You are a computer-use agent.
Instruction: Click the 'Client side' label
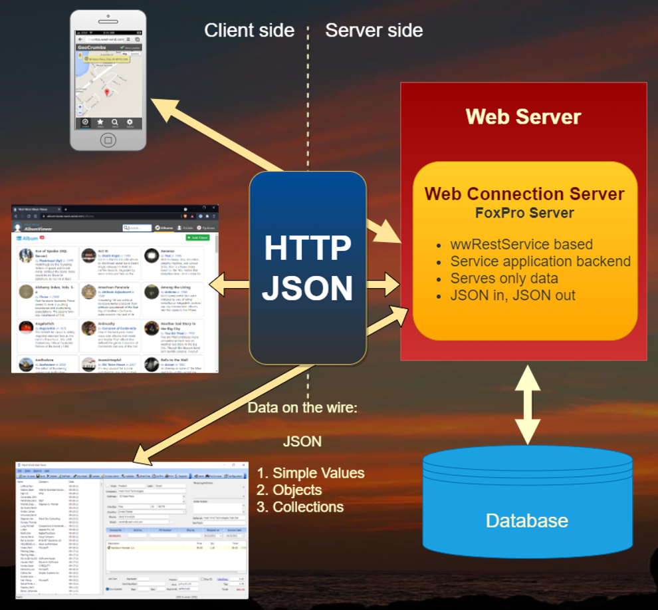pos(249,30)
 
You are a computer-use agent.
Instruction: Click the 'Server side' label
pos(374,30)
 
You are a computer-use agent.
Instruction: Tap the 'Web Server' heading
pos(523,116)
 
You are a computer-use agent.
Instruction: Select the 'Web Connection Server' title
pos(524,194)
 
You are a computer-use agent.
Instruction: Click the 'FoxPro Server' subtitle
pos(524,213)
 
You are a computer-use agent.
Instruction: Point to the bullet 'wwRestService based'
pos(512,244)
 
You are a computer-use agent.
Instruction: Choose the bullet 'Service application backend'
pos(540,261)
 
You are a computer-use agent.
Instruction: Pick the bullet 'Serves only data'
pos(504,278)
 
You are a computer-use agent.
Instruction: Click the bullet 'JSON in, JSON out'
pos(512,295)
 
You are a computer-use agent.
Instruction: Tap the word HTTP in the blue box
pos(308,248)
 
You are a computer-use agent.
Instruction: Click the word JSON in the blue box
pos(308,288)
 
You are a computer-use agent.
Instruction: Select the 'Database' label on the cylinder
pos(526,520)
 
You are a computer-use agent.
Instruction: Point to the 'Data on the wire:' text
pos(302,407)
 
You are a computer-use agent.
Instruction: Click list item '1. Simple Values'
pos(310,473)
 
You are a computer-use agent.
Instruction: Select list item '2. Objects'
pos(289,490)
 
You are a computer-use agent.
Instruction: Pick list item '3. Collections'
pos(300,507)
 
